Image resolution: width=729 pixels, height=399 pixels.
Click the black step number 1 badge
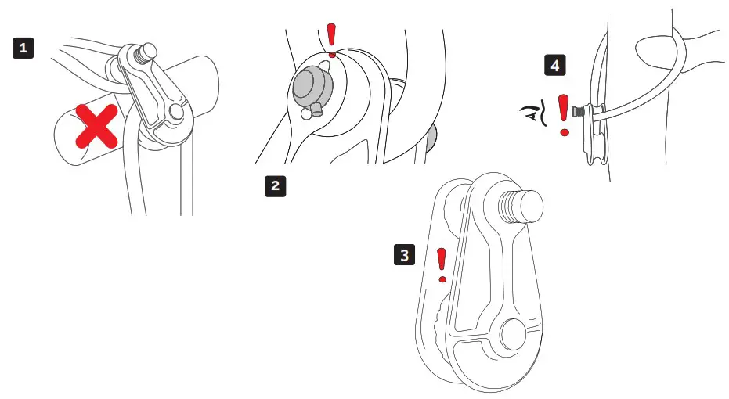[x=24, y=49]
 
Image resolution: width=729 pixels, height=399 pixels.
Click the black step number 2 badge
[x=274, y=186]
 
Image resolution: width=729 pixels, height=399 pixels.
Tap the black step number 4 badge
[x=555, y=66]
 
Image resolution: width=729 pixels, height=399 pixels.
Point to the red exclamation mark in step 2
[x=331, y=40]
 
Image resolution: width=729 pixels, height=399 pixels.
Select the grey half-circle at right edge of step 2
[x=430, y=138]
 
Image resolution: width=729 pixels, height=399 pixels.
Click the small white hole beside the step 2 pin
[x=304, y=113]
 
